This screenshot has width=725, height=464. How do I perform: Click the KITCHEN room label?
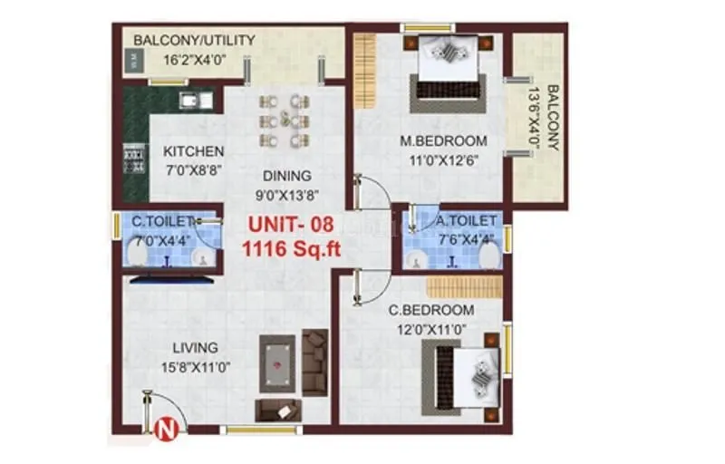193,151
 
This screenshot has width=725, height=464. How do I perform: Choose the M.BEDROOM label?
444,141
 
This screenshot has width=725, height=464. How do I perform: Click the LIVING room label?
195,347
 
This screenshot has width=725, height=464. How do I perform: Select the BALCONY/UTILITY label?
194,41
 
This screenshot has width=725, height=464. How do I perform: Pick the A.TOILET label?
465,220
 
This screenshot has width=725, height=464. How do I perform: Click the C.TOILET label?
164,220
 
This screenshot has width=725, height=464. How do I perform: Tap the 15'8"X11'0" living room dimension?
195,366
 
